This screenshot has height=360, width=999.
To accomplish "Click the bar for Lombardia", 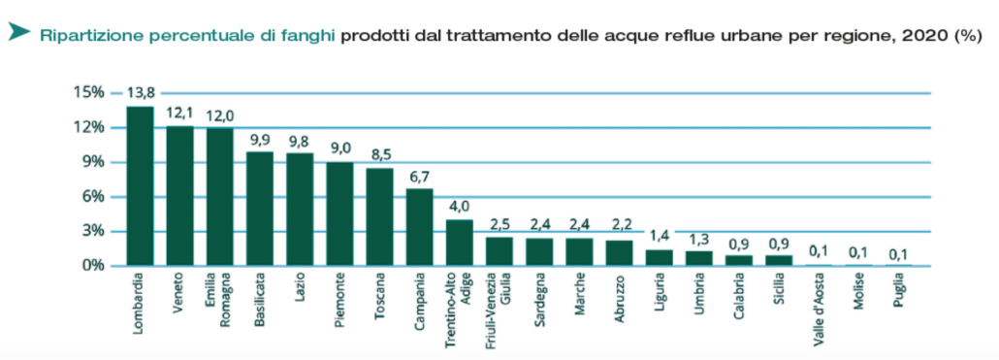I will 140,186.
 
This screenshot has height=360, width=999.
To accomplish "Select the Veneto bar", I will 179,196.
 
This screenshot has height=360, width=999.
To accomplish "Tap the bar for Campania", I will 419,227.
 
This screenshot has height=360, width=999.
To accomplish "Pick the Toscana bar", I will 379,217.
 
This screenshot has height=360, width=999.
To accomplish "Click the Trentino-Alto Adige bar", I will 459,243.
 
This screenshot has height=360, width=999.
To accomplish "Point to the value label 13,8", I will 140,94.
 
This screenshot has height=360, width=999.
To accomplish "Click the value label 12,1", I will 179,114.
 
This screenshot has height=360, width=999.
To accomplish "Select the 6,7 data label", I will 419,177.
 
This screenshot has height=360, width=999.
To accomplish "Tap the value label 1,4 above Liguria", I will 659,237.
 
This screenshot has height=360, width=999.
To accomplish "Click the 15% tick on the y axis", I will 88,92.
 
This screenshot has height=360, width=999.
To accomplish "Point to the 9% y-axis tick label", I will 91,162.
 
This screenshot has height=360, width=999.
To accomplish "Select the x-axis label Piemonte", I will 339,304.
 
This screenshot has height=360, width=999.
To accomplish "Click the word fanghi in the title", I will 311,36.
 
